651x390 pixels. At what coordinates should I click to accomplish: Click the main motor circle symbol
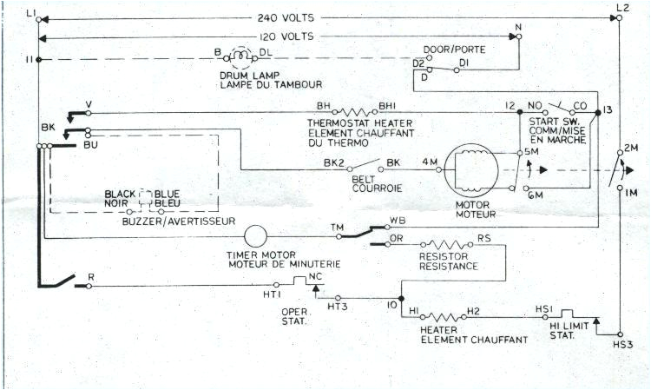470,169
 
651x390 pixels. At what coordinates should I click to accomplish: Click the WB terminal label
398,220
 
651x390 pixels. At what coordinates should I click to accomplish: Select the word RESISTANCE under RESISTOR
448,266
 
